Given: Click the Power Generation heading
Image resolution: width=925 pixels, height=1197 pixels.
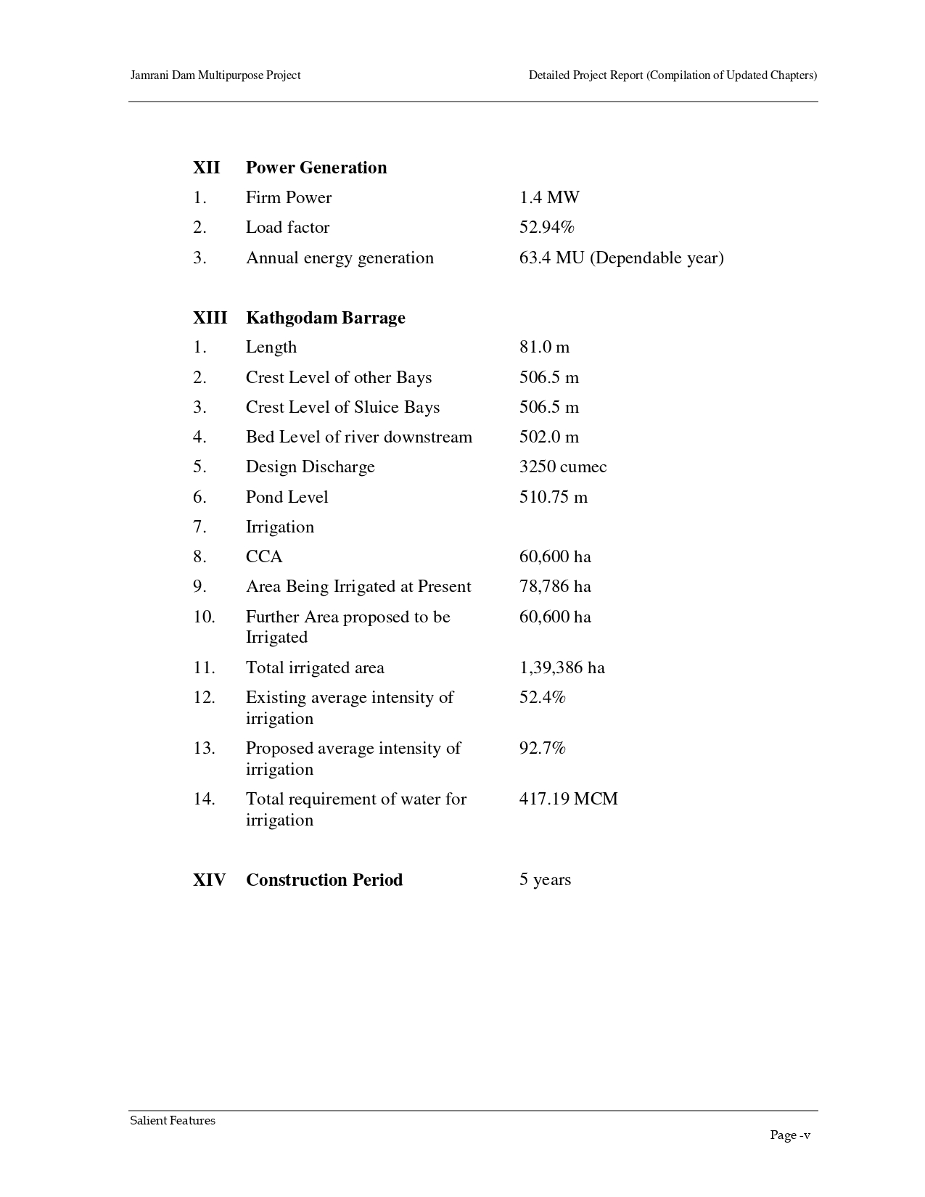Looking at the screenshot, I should [316, 168].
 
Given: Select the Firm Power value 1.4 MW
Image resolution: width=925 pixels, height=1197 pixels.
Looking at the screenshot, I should [549, 197].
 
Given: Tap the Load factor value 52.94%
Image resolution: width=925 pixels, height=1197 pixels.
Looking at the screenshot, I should [546, 227].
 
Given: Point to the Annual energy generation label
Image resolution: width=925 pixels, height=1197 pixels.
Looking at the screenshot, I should [340, 258].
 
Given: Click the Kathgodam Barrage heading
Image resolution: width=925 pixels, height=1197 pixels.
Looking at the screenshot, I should [325, 318].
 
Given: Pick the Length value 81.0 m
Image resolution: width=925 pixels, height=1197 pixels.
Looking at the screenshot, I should [544, 347].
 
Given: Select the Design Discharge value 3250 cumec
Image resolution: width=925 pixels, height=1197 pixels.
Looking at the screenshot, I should [562, 466].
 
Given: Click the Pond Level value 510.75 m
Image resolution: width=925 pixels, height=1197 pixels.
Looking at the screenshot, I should [553, 497].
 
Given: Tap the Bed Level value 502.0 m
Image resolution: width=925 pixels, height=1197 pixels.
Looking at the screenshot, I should [548, 437].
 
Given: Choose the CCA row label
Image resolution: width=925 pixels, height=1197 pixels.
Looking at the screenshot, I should [264, 556].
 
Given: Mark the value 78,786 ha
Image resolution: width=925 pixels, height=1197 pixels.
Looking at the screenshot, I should [555, 586].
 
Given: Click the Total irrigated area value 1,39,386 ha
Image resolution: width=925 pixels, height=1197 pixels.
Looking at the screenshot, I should [562, 667].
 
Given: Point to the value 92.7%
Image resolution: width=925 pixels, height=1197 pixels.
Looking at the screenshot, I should [542, 748].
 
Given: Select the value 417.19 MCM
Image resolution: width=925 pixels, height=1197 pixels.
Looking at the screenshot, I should [568, 799].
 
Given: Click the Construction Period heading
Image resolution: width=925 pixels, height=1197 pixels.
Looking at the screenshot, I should [324, 880].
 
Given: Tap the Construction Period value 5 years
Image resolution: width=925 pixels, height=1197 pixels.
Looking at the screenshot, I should [545, 880].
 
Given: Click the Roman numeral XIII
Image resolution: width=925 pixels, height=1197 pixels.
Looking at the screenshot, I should [210, 318].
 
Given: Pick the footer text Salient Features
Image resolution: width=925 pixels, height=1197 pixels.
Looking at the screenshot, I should [173, 1120].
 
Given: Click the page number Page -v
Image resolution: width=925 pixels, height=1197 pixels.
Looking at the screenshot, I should [789, 1135].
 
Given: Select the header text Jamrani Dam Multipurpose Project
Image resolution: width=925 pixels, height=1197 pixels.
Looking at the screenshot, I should [215, 75].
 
